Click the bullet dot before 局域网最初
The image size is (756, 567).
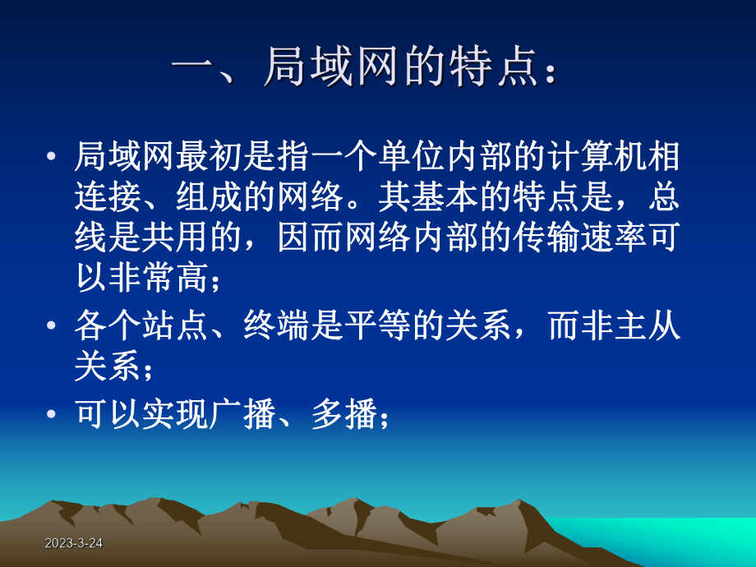tap(53, 156)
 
